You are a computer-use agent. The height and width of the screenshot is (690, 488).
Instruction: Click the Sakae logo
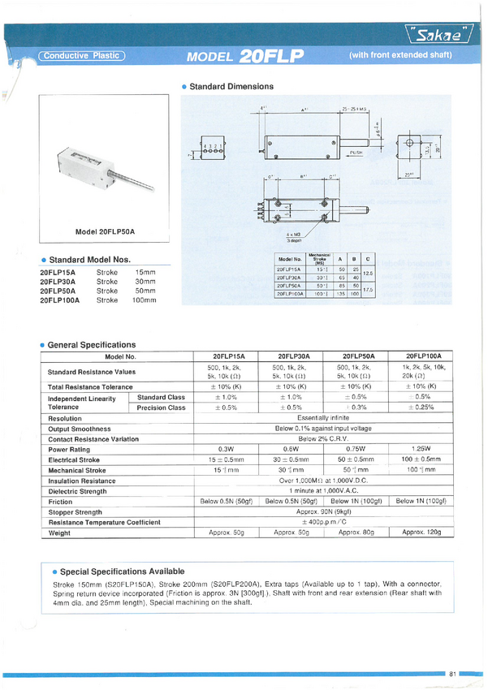pos(443,35)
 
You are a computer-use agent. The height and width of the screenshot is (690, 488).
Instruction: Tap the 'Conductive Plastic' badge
pos(82,56)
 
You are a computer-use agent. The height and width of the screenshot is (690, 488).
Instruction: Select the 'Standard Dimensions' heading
pos(231,86)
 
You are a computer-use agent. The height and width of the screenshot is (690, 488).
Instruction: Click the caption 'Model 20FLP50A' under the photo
pos(105,232)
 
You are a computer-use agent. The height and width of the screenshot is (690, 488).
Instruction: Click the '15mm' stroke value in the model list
pos(145,272)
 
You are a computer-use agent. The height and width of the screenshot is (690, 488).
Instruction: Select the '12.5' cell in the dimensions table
pos(367,274)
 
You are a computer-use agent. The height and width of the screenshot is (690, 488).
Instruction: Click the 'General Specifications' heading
pos(92,345)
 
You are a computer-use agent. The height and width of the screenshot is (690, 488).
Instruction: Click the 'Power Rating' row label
pos(69,449)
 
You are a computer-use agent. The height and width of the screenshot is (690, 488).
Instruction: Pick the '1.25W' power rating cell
pos(421,449)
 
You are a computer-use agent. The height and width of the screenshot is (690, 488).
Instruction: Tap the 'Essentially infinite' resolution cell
pos(323,419)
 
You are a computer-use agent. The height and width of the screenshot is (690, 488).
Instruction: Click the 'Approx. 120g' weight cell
pos(421,533)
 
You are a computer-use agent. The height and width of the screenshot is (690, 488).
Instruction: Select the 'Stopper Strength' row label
pos(76,512)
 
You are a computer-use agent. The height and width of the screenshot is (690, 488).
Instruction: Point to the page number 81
pos(452,674)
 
